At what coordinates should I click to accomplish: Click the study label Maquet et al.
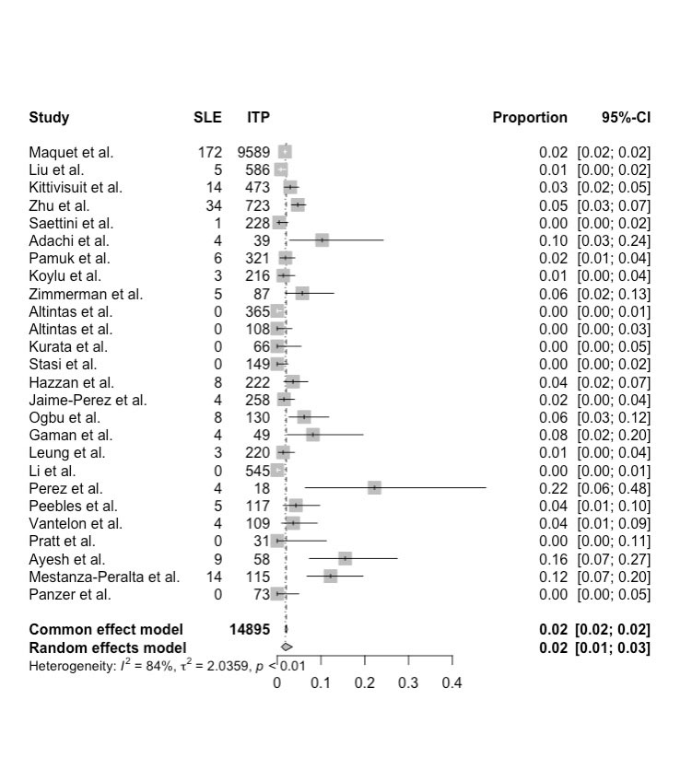[x=71, y=152]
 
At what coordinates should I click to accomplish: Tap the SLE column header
[x=207, y=118]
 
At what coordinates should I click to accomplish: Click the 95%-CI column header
[x=626, y=118]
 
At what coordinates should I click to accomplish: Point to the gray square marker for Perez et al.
[x=374, y=488]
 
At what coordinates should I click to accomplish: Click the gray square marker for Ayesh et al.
[x=346, y=559]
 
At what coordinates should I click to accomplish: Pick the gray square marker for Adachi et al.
[x=322, y=240]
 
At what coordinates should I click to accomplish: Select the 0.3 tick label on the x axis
[x=408, y=683]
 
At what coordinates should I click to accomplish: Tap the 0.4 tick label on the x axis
[x=451, y=683]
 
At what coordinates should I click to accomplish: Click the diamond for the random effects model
[x=287, y=647]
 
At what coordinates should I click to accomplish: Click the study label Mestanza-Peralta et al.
[x=104, y=577]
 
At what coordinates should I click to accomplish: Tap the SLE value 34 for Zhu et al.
[x=214, y=205]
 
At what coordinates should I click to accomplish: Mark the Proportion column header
[x=530, y=118]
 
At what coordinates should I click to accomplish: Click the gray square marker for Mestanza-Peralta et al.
[x=330, y=577]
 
